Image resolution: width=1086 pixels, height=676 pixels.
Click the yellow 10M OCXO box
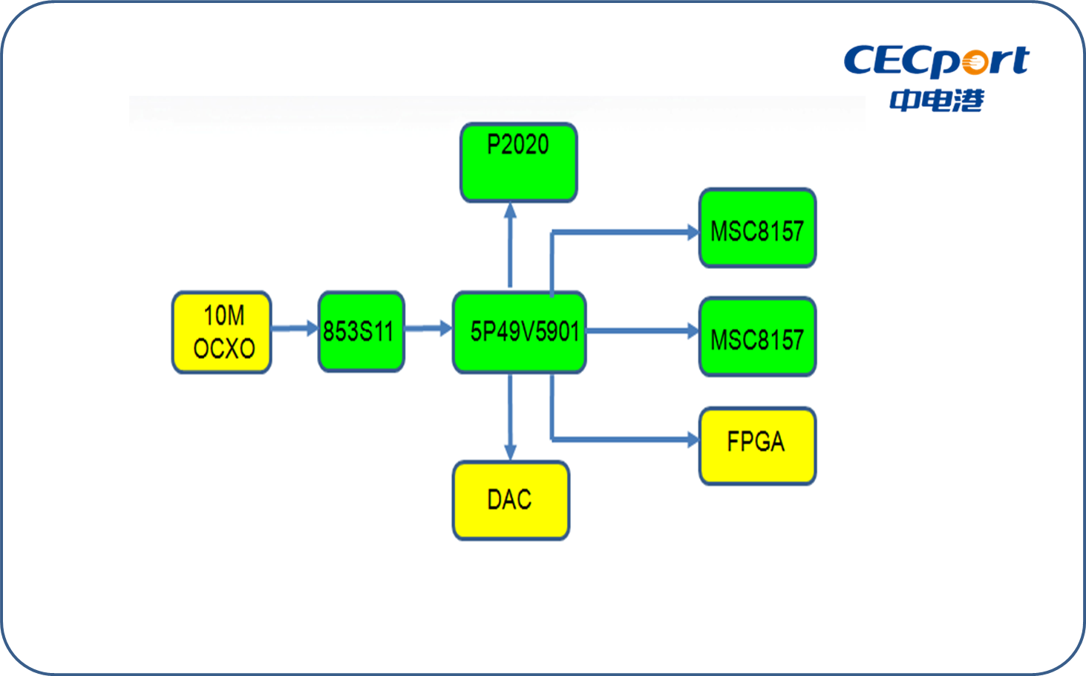pos(221,332)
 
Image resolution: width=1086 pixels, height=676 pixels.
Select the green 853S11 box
pos(362,332)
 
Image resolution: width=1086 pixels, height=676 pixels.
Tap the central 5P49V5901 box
pos(519,332)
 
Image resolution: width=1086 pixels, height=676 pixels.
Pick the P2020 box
pos(518,163)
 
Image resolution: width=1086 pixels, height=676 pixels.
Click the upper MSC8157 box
pos(757,227)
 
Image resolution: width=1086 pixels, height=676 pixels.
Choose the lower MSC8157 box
pos(757,337)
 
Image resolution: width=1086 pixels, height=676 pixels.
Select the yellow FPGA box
pos(757,446)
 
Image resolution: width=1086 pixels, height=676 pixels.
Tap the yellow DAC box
pos(511,501)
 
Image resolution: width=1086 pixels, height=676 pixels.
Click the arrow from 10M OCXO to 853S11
pos(295,328)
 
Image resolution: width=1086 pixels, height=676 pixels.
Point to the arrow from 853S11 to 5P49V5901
pos(428,328)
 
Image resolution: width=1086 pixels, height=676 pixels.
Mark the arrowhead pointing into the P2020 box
pos(510,210)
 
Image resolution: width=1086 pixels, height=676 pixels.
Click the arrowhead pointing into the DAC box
pos(510,452)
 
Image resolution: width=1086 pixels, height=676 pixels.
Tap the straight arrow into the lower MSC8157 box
pos(643,331)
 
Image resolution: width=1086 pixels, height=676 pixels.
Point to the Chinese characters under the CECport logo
pos(937,100)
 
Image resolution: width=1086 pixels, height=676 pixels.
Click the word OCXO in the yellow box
pos(224,348)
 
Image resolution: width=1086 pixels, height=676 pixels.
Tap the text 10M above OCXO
pos(224,316)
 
